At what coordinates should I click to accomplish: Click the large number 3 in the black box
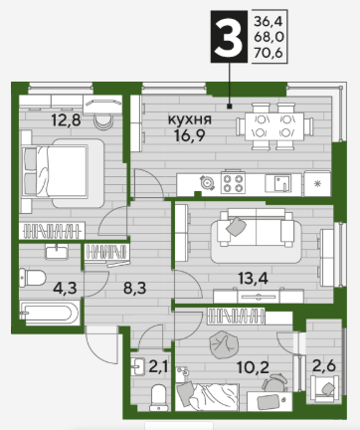[229, 37]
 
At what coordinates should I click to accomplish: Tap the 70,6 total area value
[269, 53]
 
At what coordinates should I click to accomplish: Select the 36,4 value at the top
[269, 22]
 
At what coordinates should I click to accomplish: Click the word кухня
[190, 119]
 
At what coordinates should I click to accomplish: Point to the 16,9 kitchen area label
[190, 135]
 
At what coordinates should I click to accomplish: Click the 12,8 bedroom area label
[67, 120]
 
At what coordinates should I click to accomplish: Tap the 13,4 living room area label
[254, 278]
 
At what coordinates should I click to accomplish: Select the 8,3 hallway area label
[134, 288]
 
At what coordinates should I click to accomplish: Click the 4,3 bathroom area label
[65, 288]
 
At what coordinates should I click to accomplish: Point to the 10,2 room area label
[253, 367]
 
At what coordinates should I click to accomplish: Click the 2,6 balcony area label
[324, 366]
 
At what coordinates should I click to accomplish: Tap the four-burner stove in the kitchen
[233, 182]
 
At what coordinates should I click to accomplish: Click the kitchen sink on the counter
[277, 183]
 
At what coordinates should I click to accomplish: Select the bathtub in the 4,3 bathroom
[50, 313]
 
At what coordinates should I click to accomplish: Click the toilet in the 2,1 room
[159, 397]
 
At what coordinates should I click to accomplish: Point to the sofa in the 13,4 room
[256, 228]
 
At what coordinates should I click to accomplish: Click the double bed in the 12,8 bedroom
[63, 172]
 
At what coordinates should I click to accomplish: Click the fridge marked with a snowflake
[317, 183]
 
